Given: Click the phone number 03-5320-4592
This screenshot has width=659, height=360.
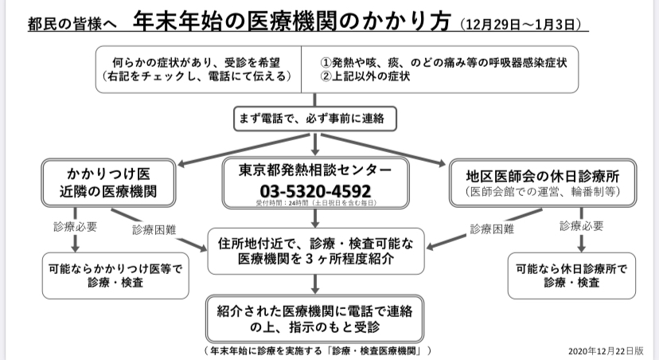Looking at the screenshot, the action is (x=315, y=191).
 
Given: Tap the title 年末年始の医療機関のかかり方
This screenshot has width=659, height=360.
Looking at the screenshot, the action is (x=292, y=20).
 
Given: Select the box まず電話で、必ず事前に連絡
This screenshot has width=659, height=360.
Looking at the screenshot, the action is (x=315, y=119).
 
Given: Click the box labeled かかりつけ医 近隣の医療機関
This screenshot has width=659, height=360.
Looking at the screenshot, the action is (x=108, y=183).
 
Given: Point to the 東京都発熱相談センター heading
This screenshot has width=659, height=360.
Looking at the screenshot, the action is (x=315, y=170).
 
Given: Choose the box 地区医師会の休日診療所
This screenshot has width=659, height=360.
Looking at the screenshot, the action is (x=543, y=183).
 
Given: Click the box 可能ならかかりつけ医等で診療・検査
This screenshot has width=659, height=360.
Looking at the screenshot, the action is (x=115, y=276).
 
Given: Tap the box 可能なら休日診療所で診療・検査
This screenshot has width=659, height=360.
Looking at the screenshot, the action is (x=571, y=276).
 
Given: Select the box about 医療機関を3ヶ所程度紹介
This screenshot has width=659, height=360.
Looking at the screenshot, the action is (x=316, y=251).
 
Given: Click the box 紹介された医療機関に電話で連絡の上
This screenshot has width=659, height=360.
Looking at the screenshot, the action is (x=315, y=319).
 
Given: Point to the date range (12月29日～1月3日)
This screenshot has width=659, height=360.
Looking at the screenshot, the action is (x=521, y=24).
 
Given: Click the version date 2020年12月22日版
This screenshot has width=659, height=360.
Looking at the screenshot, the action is (x=606, y=350).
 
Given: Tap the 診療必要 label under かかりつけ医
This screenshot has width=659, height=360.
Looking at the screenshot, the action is (x=76, y=227).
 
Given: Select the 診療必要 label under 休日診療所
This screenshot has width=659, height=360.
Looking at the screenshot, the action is (x=582, y=226).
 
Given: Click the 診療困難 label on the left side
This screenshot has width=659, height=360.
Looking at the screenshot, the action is (x=154, y=230).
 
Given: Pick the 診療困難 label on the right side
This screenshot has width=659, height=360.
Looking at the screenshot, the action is (x=492, y=229).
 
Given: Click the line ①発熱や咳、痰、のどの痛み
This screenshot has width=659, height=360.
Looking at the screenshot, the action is (x=443, y=63).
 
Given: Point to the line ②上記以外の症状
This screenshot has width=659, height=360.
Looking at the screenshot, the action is (x=365, y=76).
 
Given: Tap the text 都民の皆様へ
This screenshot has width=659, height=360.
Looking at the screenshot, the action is (x=72, y=24).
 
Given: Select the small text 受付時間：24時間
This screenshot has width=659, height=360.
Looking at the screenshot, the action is (x=316, y=203).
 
